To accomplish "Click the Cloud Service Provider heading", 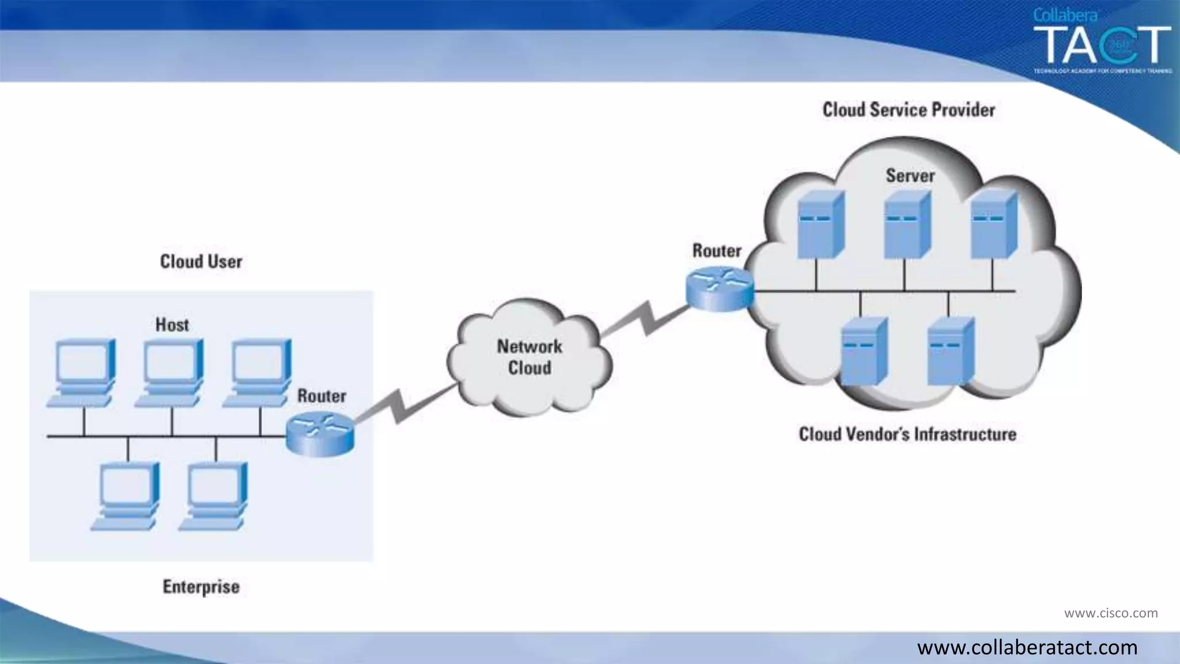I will [x=908, y=110].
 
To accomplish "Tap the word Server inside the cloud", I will [x=910, y=175].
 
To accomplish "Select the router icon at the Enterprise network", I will [x=320, y=435].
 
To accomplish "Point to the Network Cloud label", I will [x=530, y=357].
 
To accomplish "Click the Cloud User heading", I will [x=201, y=262].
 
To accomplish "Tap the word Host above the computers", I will [x=172, y=325].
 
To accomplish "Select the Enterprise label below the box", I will [x=201, y=587].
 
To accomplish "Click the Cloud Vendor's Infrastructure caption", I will [x=907, y=434].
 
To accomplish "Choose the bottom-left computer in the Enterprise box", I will [x=127, y=496].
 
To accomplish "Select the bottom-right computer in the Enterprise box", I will [x=214, y=496].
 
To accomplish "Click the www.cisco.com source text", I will [x=1110, y=613].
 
